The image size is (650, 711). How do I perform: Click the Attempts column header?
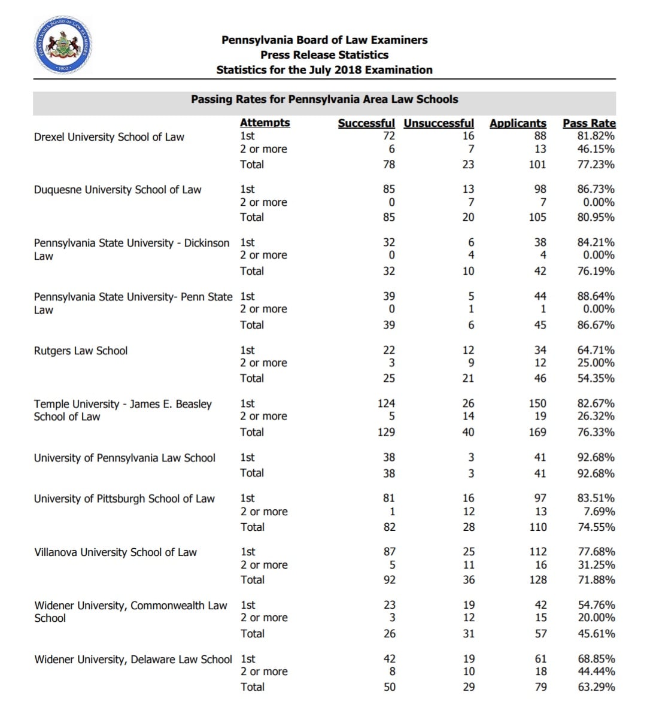click(x=265, y=123)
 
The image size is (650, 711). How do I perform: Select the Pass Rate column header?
click(x=588, y=123)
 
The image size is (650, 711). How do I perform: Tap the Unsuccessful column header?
click(x=439, y=123)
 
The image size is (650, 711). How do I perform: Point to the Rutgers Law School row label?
click(x=81, y=351)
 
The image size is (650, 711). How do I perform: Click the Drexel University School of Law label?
click(x=109, y=137)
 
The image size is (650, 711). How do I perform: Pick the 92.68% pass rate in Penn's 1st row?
click(x=596, y=457)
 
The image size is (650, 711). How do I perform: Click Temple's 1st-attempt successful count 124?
click(x=386, y=403)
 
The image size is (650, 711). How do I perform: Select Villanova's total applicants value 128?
click(x=537, y=579)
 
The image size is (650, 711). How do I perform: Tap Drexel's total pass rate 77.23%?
click(x=596, y=164)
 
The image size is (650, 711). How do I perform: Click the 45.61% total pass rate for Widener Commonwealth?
click(x=596, y=633)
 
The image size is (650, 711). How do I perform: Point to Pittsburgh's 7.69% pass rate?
click(x=599, y=511)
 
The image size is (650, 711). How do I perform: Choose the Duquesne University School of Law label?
click(x=117, y=190)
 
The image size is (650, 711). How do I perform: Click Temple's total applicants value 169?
click(x=537, y=432)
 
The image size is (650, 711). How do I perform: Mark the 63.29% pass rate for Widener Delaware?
click(x=596, y=686)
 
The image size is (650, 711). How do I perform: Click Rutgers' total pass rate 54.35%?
click(x=596, y=378)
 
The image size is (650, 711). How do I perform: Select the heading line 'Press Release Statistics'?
click(x=324, y=54)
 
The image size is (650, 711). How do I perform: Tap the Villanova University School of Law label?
click(x=116, y=552)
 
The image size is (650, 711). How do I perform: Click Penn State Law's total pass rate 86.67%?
click(x=596, y=324)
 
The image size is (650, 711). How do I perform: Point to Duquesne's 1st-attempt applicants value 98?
click(x=540, y=189)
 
